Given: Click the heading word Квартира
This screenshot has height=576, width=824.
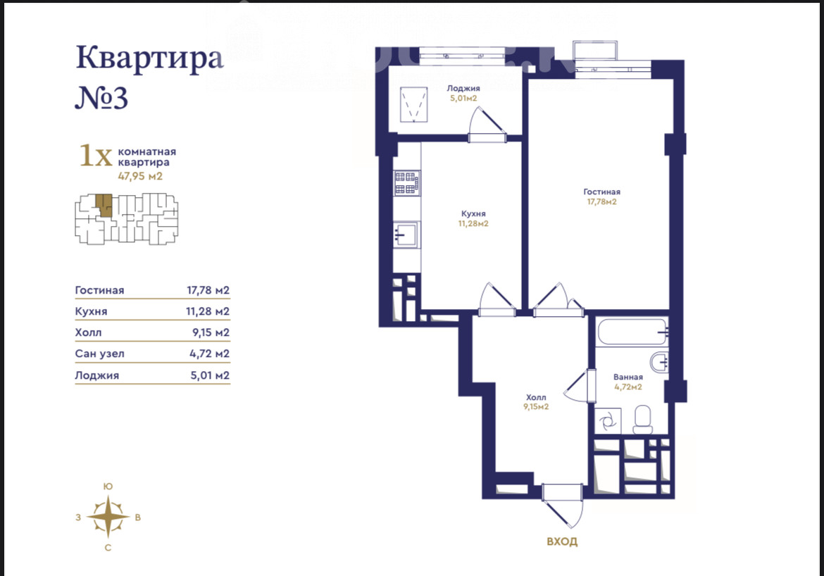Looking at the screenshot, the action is [x=150, y=58].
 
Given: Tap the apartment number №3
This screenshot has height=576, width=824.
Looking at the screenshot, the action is [x=101, y=97].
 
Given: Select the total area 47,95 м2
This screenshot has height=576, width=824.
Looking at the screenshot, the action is [x=140, y=176].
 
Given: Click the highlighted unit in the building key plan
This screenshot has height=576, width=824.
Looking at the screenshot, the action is [x=104, y=205].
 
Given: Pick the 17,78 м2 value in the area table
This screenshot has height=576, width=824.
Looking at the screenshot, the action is [x=208, y=290].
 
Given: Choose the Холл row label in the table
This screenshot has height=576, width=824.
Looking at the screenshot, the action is [x=88, y=332].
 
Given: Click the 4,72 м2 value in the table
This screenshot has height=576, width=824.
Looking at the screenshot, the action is [x=210, y=353].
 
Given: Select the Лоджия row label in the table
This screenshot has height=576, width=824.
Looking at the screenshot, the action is [x=97, y=375].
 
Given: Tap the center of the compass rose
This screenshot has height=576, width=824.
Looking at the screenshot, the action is [x=108, y=517].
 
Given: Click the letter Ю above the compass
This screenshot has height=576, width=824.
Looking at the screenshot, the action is [x=108, y=486].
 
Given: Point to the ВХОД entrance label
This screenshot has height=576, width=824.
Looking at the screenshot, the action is [x=562, y=541].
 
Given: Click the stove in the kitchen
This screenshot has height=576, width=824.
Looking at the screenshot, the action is [x=407, y=183].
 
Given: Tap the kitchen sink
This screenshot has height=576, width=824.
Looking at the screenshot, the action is [x=406, y=234].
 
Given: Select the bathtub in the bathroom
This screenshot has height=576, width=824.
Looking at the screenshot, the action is [x=632, y=332].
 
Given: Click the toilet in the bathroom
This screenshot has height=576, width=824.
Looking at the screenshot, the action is [x=642, y=420].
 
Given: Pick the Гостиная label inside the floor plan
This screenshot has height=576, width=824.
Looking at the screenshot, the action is [x=601, y=192].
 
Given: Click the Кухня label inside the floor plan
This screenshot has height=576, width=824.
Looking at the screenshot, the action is [x=473, y=214].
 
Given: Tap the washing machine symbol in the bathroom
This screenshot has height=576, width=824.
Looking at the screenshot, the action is [x=608, y=421].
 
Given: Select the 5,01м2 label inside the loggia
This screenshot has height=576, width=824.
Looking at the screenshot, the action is [x=463, y=99].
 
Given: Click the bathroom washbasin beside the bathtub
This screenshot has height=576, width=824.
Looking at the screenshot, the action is [x=659, y=362].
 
